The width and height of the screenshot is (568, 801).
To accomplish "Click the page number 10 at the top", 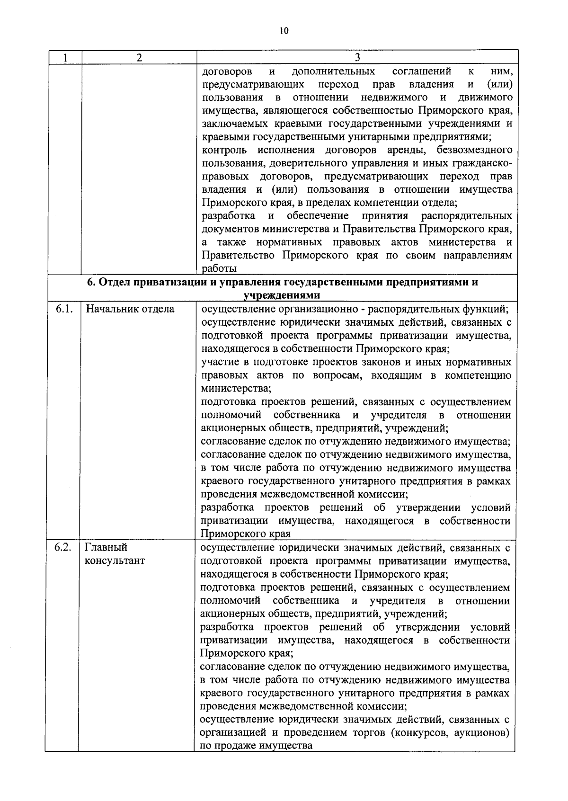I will [284, 31].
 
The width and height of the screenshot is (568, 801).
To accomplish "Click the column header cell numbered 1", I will [65, 58].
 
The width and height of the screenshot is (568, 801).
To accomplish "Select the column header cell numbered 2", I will [139, 58].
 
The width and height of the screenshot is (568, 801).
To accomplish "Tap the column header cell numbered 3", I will [357, 57].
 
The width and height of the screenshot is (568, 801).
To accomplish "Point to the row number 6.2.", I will [63, 547].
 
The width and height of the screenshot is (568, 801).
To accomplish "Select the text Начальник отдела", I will [130, 309].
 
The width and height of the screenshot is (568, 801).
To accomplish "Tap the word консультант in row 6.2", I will [115, 561].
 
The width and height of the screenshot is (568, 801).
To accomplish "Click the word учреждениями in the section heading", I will [282, 295].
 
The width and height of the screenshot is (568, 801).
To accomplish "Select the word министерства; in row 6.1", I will [236, 389].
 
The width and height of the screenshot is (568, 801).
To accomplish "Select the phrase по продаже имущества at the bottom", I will [256, 746].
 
